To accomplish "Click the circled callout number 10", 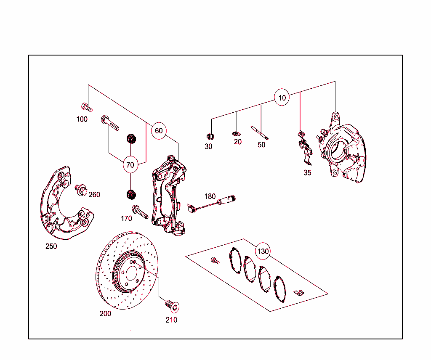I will click(x=282, y=98).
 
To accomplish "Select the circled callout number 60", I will click(x=159, y=131).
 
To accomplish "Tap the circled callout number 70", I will click(x=130, y=165).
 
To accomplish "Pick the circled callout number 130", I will click(x=263, y=251).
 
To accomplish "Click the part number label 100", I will click(x=82, y=119).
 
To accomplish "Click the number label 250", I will click(x=51, y=246).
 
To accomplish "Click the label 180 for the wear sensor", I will click(x=210, y=196).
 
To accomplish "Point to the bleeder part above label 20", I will click(x=237, y=134).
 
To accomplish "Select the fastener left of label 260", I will click(x=80, y=191).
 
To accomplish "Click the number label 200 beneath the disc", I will click(x=106, y=313).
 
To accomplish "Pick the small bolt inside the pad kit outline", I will click(x=215, y=261).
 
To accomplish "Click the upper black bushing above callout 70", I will click(x=132, y=138).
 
